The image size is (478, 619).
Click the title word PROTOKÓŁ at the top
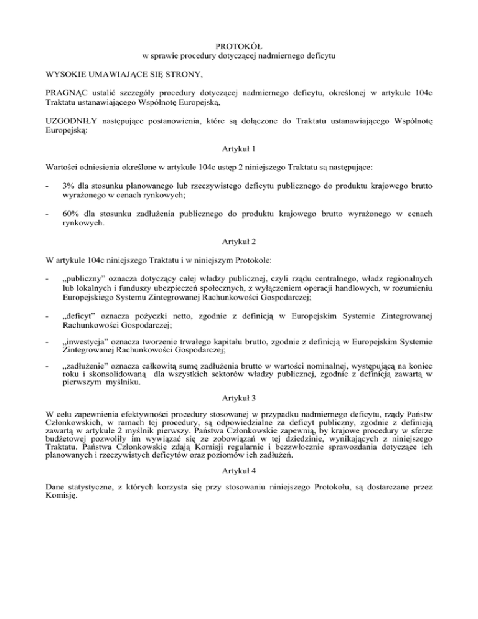(x=239, y=46)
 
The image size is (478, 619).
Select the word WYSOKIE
(x=65, y=75)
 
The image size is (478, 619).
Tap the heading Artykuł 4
(x=239, y=473)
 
